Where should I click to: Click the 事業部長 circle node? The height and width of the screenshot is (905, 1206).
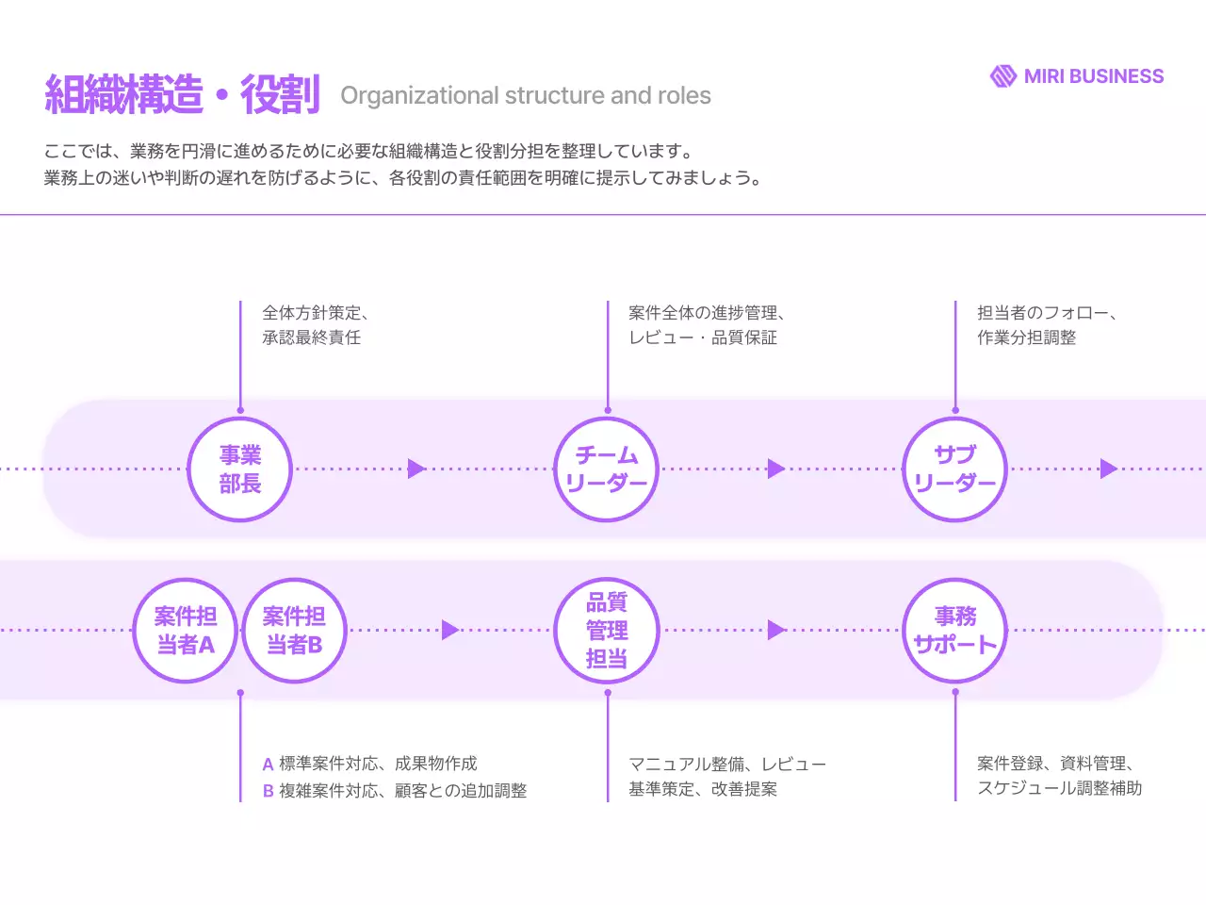(240, 469)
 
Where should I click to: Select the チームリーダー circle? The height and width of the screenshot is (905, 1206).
(607, 469)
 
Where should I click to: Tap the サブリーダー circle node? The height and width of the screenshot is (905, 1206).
(955, 469)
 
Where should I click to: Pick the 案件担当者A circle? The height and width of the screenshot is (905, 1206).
(185, 631)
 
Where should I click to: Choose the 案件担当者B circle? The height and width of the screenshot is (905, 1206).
(295, 631)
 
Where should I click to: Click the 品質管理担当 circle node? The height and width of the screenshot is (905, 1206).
(607, 631)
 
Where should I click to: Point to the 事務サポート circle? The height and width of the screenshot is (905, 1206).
(955, 631)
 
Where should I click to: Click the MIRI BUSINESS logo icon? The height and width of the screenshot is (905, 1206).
(1002, 76)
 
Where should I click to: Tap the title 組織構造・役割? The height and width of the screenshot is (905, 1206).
(183, 95)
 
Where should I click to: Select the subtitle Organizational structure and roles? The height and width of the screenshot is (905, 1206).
(526, 96)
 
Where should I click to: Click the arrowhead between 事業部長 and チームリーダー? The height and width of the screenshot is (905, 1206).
(416, 469)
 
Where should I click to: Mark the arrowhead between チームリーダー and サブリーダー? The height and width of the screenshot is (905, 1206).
(775, 469)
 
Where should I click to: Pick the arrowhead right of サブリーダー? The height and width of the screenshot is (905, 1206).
(1108, 469)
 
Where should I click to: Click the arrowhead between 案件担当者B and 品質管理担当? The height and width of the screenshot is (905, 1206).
(450, 630)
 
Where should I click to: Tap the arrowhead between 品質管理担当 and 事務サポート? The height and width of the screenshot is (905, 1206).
(775, 630)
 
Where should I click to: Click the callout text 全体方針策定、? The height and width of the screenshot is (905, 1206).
(316, 313)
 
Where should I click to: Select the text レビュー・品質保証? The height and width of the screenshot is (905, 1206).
(703, 337)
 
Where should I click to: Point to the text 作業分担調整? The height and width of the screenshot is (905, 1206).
(1026, 337)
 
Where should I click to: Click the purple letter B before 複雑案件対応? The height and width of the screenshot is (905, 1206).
(269, 792)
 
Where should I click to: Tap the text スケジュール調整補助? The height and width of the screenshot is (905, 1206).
(1059, 788)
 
